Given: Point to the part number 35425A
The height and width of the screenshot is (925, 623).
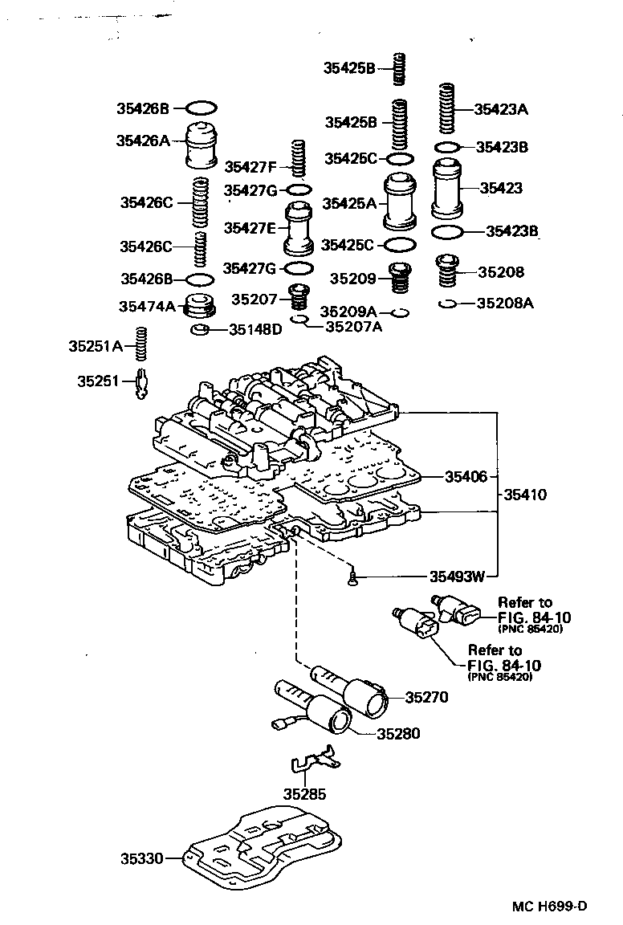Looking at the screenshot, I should pyautogui.click(x=349, y=204).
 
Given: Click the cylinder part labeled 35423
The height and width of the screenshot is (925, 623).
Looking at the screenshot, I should pyautogui.click(x=450, y=189).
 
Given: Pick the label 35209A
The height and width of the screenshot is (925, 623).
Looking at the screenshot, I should pyautogui.click(x=348, y=311).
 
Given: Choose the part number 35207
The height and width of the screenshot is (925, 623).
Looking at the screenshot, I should pyautogui.click(x=254, y=300).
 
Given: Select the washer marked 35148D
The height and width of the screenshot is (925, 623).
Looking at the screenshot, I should pyautogui.click(x=200, y=330).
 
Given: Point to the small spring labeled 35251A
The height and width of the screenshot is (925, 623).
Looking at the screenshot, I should pyautogui.click(x=140, y=346).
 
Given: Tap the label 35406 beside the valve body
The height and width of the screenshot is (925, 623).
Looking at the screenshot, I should pyautogui.click(x=466, y=477).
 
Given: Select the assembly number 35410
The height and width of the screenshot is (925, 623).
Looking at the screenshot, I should pyautogui.click(x=525, y=495).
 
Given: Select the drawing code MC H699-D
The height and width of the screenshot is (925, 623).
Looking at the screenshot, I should pyautogui.click(x=550, y=907).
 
